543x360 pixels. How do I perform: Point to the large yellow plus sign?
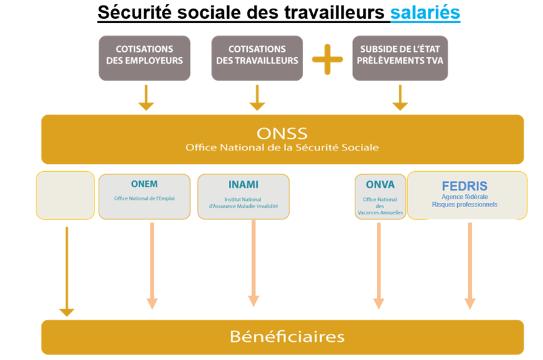[x=328, y=60]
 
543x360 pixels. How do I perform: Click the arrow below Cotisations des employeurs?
[x=145, y=97]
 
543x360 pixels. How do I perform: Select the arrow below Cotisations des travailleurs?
[x=257, y=97]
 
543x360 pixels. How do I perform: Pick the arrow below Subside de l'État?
[x=400, y=97]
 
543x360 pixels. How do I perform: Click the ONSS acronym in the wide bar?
[x=282, y=133]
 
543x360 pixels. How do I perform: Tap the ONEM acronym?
[x=144, y=184]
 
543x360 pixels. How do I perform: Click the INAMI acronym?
[x=243, y=184]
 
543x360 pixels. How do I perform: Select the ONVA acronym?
[x=380, y=185]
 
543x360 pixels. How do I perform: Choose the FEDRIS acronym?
[x=464, y=186]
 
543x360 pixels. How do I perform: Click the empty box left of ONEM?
[x=65, y=195]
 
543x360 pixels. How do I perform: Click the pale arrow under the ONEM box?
[x=152, y=266]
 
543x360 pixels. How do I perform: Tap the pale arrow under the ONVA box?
[x=379, y=266]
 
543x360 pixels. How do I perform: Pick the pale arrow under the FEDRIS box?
[x=469, y=266]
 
